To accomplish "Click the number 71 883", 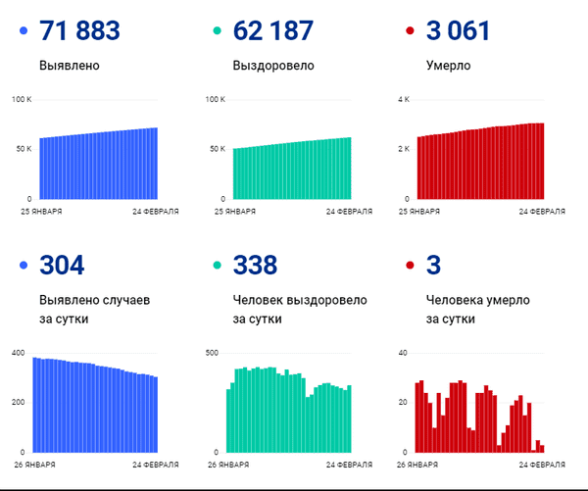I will (x=79, y=31).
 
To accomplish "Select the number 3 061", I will (x=458, y=31).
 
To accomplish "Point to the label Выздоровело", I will (x=273, y=67).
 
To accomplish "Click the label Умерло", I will (x=448, y=67).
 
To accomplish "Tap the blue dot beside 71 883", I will (x=24, y=32).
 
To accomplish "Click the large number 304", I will (x=62, y=265).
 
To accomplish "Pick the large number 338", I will (x=255, y=265).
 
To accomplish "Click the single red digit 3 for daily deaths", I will (x=436, y=265).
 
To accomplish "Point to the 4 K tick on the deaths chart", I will (x=403, y=100).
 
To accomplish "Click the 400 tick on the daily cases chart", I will (x=19, y=352).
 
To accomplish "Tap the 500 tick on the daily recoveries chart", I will (x=212, y=352).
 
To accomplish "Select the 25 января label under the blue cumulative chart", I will (x=43, y=211).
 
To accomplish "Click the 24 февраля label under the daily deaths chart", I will (x=542, y=464).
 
